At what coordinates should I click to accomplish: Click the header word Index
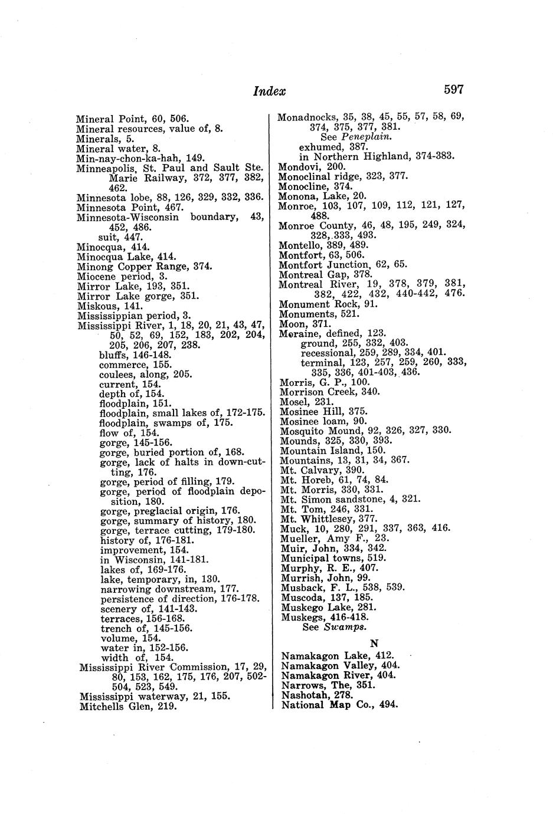coord(269,91)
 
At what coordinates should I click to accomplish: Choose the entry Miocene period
coord(114,276)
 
